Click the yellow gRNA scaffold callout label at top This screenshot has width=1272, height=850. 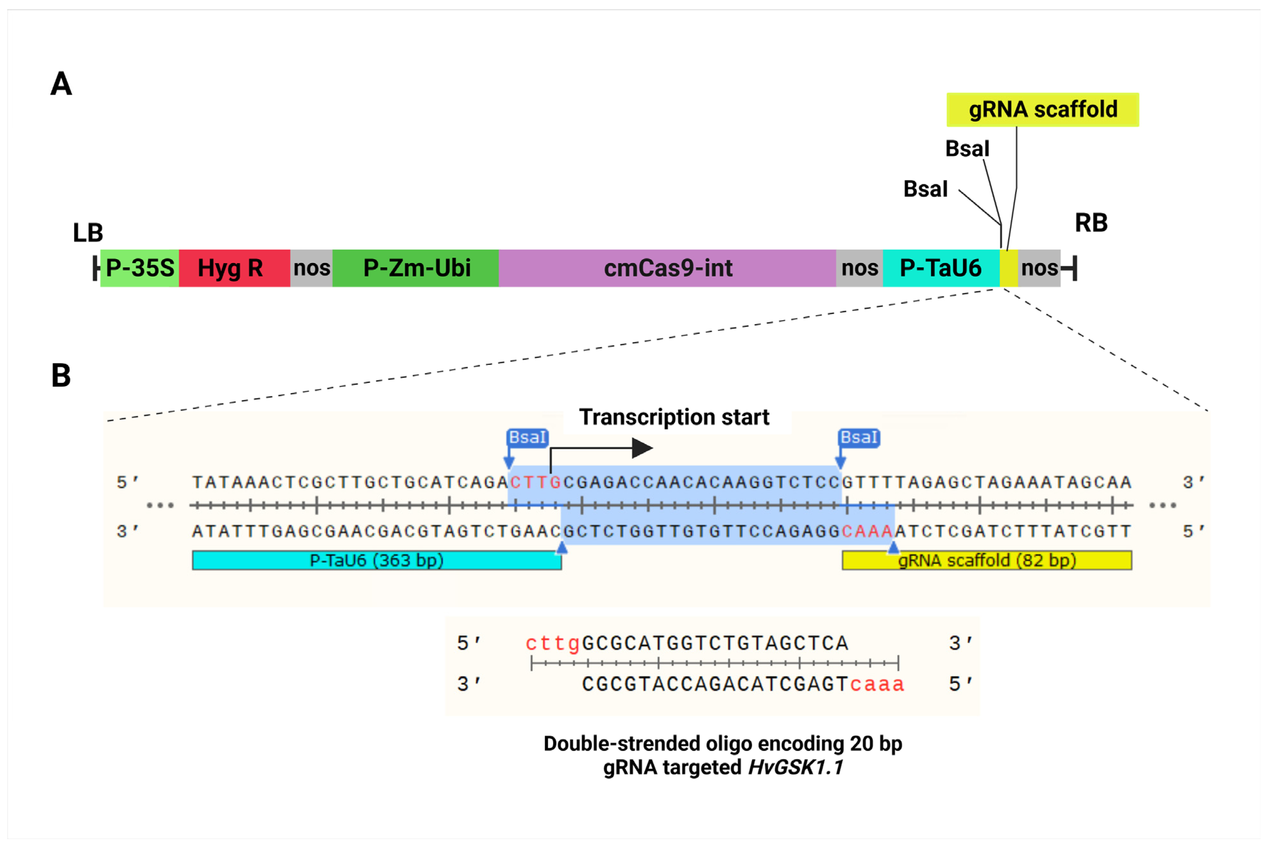(1042, 110)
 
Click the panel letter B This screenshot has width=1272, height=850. (61, 375)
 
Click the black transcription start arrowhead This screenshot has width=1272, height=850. (643, 448)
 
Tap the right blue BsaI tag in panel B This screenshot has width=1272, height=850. (859, 437)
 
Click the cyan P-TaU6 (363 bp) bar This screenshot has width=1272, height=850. (376, 560)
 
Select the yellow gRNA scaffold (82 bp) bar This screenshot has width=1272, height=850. (986, 560)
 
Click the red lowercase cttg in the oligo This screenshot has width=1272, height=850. (553, 643)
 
